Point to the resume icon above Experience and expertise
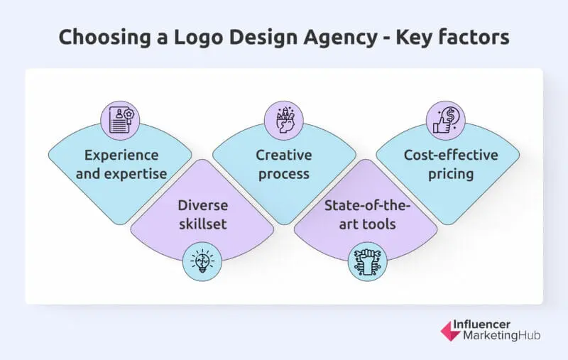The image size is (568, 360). (x=119, y=117)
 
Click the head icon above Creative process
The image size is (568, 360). (x=283, y=117)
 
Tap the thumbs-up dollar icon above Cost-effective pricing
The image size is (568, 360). (x=446, y=117)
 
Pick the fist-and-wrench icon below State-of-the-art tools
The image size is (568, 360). (x=365, y=261)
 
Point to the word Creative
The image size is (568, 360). (x=283, y=156)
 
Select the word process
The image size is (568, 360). (x=283, y=173)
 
